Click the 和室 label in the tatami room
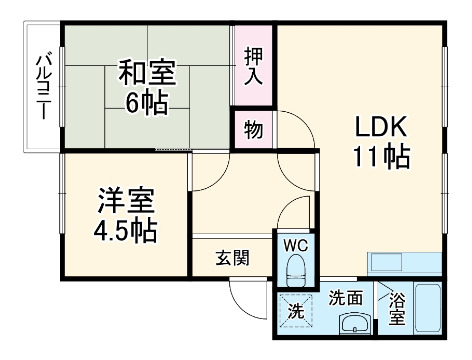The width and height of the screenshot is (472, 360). [x=148, y=72]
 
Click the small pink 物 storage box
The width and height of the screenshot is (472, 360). [x=253, y=130]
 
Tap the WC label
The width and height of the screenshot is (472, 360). [x=295, y=244]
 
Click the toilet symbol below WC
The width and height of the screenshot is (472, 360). [x=295, y=269]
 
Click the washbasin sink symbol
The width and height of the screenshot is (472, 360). [x=351, y=323]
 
